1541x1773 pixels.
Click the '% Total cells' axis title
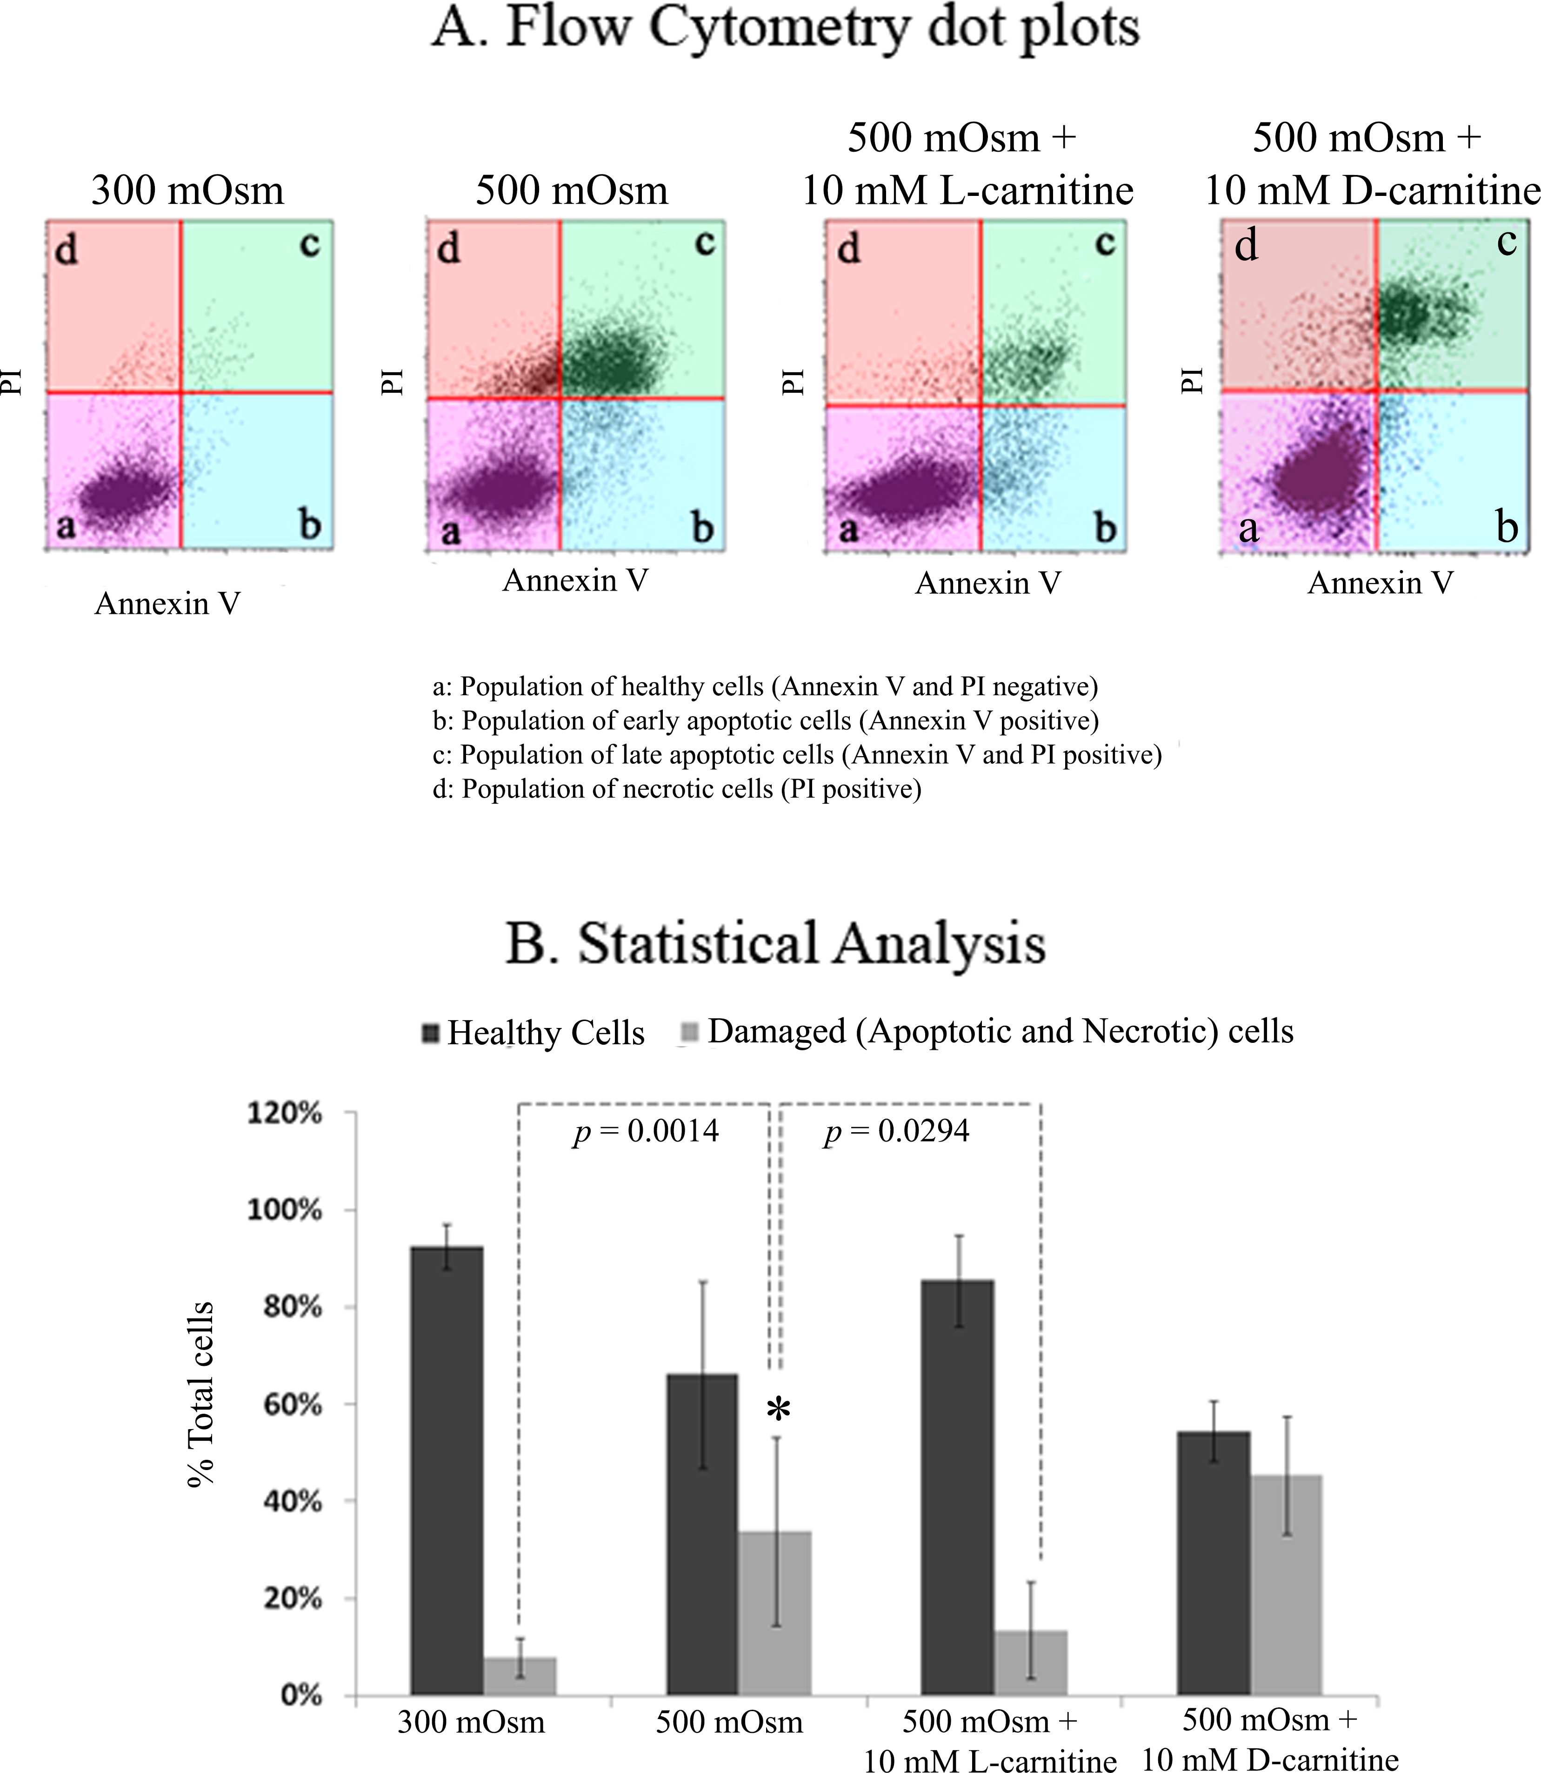[200, 1394]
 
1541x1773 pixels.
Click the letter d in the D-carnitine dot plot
[1246, 246]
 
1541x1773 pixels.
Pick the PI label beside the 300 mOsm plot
[10, 381]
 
